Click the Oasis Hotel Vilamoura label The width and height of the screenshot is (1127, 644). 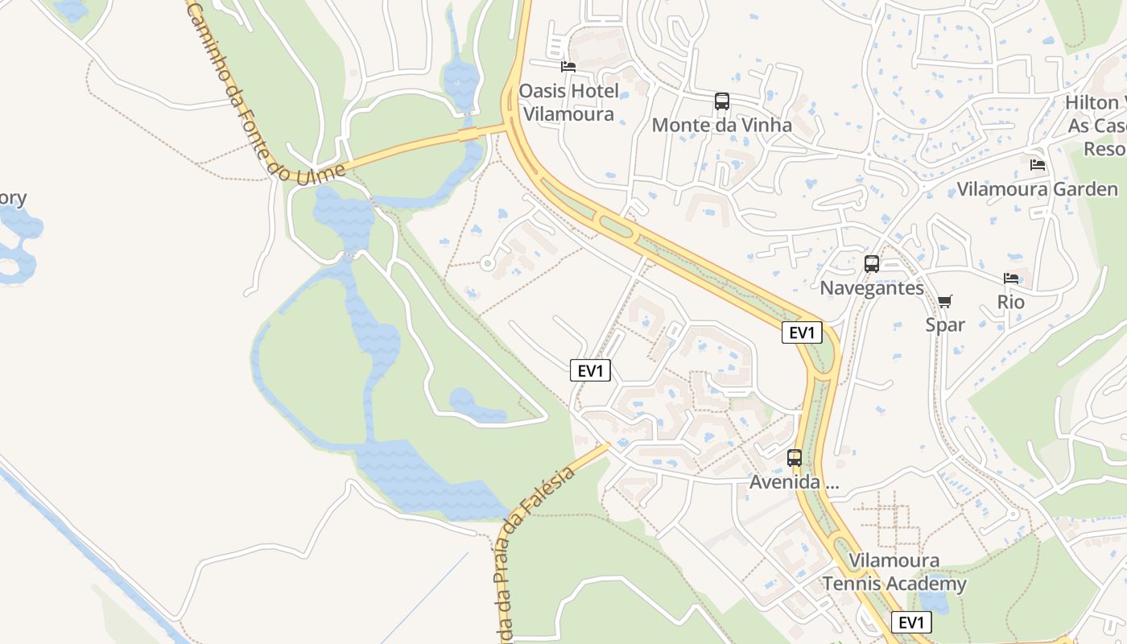coord(568,102)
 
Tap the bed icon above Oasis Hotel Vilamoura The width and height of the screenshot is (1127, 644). coord(568,66)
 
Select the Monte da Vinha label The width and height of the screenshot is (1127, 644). coord(721,125)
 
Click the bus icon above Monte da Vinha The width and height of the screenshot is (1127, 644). coord(722,101)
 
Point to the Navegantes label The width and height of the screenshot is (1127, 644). coord(872,287)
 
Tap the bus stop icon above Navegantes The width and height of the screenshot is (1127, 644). coord(872,264)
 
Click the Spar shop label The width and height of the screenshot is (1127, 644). coord(945,324)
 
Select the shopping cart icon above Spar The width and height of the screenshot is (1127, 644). coord(945,302)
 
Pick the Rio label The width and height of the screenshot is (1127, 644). coord(1011,302)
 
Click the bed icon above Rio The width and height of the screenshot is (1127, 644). coord(1011,279)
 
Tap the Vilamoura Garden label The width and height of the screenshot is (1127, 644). coord(1038,189)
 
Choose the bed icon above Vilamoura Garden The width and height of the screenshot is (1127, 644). coord(1038,165)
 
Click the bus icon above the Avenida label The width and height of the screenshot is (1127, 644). coord(795,458)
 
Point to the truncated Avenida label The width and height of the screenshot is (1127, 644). coord(794,482)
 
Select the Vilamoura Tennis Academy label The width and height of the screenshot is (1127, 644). coord(894,572)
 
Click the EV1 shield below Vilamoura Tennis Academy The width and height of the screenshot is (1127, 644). coord(911,622)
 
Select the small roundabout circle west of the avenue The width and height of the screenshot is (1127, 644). coord(486,262)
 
